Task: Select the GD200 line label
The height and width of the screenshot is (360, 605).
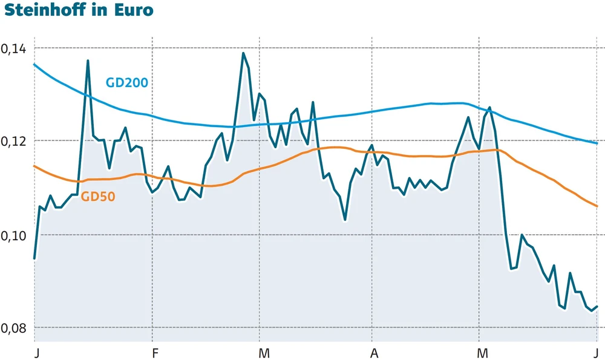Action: (127, 83)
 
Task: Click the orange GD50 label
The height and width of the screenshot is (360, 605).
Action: (98, 196)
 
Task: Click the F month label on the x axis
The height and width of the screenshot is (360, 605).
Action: (155, 352)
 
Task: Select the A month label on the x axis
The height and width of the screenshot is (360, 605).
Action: (374, 352)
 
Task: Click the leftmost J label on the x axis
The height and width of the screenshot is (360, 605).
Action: (36, 352)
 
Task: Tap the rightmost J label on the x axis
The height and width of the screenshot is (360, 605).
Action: (596, 352)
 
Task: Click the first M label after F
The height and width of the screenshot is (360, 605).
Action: (263, 352)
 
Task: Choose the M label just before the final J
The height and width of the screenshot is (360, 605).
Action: (482, 352)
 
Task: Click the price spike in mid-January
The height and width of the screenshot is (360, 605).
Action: (88, 61)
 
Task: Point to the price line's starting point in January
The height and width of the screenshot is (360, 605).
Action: (34, 258)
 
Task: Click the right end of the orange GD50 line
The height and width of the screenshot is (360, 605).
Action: (597, 206)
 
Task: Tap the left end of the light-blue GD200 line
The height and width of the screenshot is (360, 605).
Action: (34, 64)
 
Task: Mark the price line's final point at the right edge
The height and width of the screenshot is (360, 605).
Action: (597, 307)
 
